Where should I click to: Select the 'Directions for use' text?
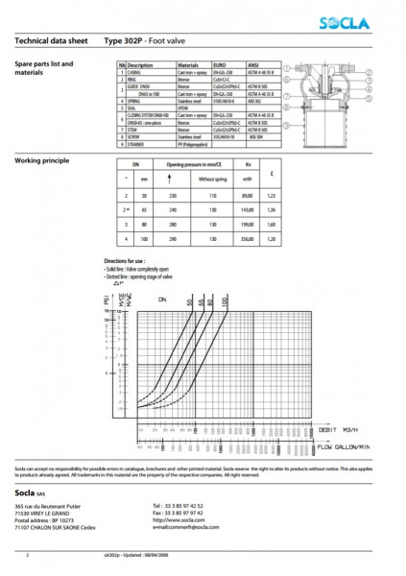coord(124,260)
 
